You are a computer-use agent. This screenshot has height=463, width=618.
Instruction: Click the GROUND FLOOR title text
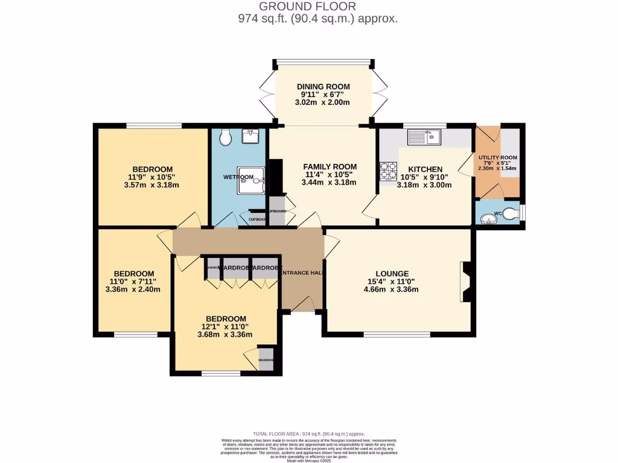(308, 7)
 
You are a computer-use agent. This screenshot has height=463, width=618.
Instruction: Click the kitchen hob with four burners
(387, 171)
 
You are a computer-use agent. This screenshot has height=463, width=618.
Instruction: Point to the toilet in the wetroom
(225, 138)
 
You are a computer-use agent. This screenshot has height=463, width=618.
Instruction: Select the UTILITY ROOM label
(498, 157)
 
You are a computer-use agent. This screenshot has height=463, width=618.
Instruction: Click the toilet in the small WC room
(511, 213)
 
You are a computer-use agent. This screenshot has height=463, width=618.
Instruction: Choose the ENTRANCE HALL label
(300, 273)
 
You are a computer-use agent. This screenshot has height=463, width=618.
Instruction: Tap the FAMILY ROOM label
(330, 166)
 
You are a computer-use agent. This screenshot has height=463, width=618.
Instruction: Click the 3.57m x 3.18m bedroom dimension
(153, 186)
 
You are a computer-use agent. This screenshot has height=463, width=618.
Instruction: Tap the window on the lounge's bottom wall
(397, 333)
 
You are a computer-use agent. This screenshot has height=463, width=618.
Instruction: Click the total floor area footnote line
(309, 433)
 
